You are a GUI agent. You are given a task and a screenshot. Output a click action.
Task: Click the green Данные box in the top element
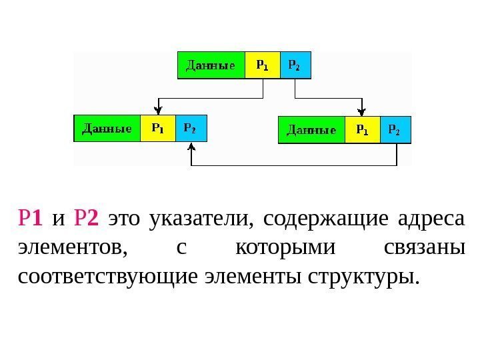coord(211,66)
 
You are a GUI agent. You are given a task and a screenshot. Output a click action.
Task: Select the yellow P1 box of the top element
coord(263,66)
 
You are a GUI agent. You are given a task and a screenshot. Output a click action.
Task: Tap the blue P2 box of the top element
coord(295,66)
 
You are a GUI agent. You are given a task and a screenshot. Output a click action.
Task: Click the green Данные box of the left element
coord(107,128)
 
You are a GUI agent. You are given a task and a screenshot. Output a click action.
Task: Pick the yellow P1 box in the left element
coord(158,128)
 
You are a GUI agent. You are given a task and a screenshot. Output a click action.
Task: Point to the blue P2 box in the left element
coord(191,128)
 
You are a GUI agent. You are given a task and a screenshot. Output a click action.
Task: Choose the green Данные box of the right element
coord(311,130)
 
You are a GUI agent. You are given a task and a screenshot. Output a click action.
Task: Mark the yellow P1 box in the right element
coord(362,130)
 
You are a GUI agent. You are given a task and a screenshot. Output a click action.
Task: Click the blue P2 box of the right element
coord(395,130)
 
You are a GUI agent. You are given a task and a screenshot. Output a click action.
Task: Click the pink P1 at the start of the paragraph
coord(31,218)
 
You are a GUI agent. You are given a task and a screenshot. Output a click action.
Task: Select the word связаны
coord(424,248)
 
